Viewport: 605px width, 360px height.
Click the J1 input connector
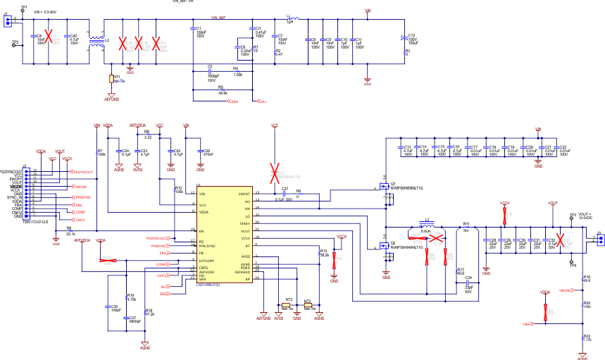(7, 21)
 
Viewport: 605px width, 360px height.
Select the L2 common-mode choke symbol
(96, 41)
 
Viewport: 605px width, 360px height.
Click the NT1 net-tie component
(111, 79)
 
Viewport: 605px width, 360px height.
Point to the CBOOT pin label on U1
(244, 193)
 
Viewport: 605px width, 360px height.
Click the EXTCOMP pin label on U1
(206, 260)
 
